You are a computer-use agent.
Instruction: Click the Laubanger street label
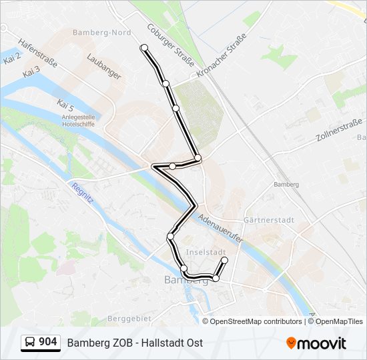click(x=103, y=67)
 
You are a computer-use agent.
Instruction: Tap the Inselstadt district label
click(x=204, y=252)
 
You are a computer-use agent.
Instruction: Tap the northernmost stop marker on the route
click(x=144, y=47)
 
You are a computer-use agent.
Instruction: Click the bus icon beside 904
click(x=29, y=343)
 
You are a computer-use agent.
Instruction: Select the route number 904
click(x=47, y=342)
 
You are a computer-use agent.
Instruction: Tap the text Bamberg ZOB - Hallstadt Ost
click(x=135, y=343)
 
